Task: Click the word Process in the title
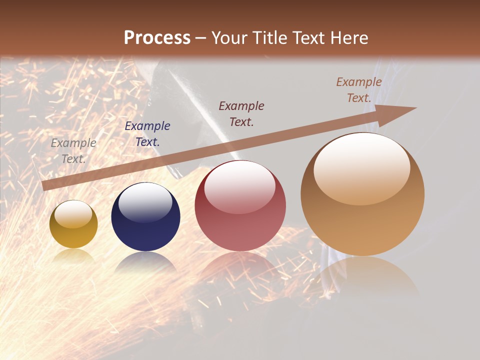(157, 38)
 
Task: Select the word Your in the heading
(229, 38)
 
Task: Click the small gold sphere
(73, 224)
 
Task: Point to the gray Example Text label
(73, 150)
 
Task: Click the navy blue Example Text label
(147, 133)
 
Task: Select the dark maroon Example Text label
(241, 113)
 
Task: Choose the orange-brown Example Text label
(359, 90)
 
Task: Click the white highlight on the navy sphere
(145, 203)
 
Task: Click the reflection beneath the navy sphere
(145, 262)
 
